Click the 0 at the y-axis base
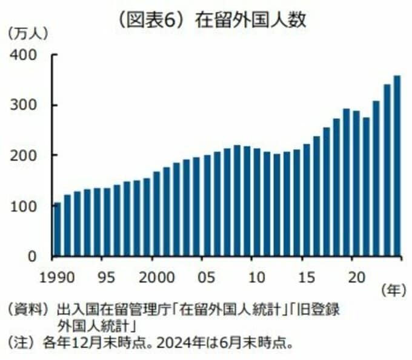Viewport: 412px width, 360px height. pos(33,256)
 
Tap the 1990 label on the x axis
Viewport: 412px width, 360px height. pos(59,278)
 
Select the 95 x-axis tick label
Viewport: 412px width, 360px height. pos(106,278)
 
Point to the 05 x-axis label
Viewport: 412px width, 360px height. pos(207,278)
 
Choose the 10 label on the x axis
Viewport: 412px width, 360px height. pos(257,278)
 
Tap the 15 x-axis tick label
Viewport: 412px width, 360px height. pos(307,278)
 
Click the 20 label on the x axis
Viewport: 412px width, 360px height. pos(357,278)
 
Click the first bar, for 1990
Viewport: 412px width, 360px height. pos(58,230)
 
